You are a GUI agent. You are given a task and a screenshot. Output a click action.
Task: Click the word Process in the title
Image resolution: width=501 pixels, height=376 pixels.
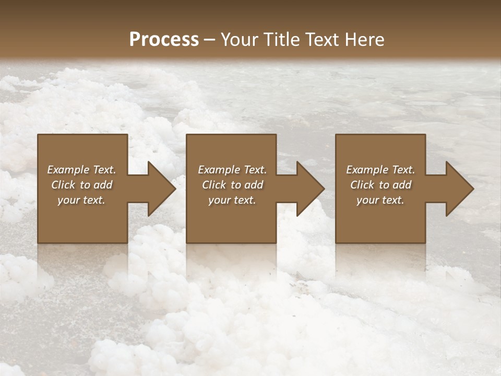(164, 40)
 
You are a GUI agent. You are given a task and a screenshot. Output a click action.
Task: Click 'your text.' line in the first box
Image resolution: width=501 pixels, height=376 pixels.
(81, 200)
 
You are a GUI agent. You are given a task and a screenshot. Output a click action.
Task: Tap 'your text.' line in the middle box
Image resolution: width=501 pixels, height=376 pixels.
(232, 200)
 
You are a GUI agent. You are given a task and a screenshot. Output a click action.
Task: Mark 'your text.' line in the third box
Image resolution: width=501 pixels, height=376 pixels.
(380, 200)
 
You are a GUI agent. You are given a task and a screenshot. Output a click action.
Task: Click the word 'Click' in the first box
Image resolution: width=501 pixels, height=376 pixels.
(63, 185)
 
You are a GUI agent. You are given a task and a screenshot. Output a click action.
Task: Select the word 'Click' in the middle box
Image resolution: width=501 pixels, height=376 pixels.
(214, 185)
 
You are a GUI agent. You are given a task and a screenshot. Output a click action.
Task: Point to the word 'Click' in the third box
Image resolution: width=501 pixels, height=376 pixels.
(362, 185)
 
